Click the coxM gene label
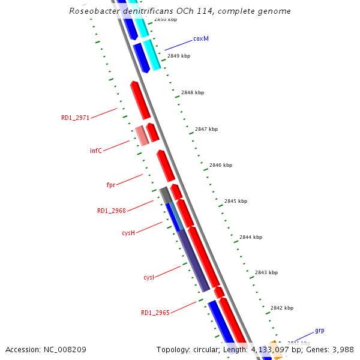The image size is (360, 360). pos(201,38)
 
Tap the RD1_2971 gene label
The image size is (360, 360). pos(75,118)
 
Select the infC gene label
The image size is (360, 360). pos(96,151)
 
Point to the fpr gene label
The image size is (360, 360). pos(110,185)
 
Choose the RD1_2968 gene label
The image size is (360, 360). pos(112,211)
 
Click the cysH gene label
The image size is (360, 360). pos(128,233)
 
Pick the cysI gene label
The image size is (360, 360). pos(149,278)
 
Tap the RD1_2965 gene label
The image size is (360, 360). pos(155,313)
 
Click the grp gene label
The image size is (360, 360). pos(320,331)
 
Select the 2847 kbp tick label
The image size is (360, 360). pos(206,129)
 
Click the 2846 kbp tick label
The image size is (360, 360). pos(221,165)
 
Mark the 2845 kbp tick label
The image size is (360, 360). pos(236,201)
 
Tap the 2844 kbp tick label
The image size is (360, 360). pos(251,237)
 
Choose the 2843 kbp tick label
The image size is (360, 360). pos(266,272)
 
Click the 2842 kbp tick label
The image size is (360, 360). pos(282,308)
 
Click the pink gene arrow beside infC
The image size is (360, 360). pos(142,136)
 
